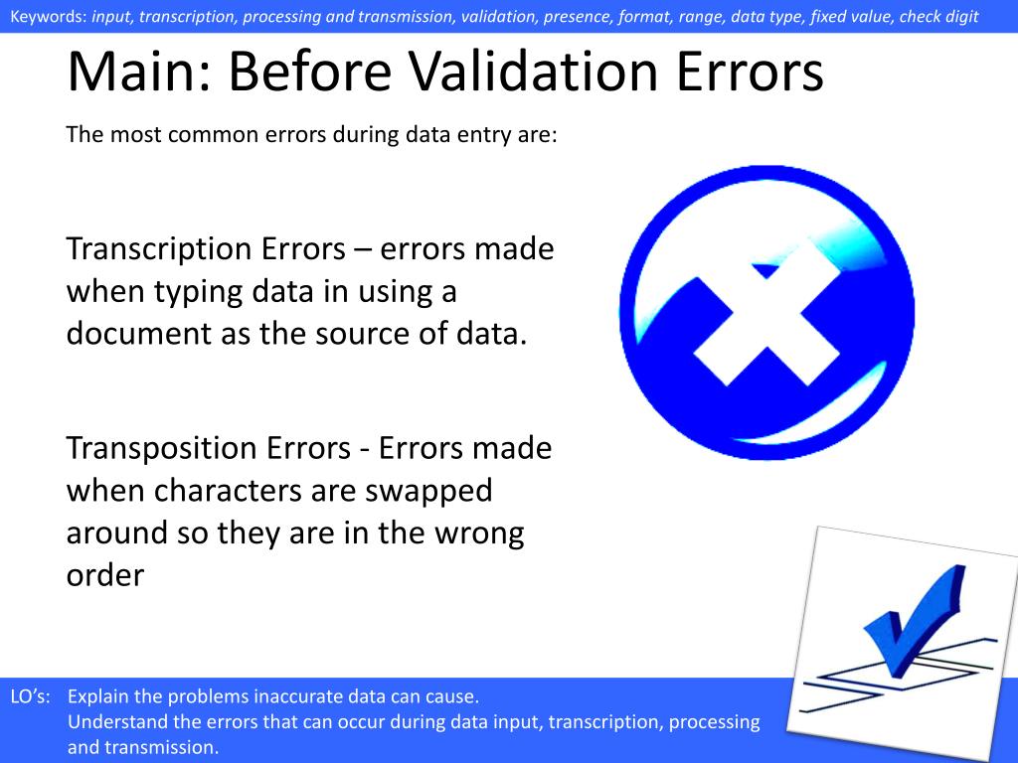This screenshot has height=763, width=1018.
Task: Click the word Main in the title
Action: pos(138,72)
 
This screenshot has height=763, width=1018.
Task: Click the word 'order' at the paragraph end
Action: pos(104,575)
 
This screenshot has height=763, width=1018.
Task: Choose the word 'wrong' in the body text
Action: pos(478,534)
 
